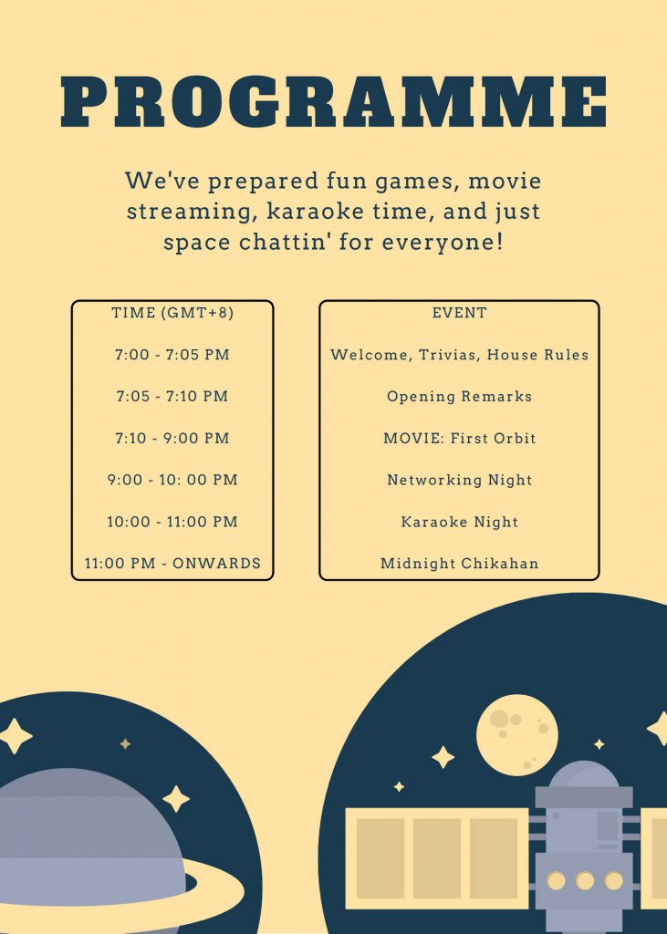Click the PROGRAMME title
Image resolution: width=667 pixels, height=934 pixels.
tap(334, 101)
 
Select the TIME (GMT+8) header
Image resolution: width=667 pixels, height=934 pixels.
tap(172, 313)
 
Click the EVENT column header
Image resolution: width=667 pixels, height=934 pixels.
tap(460, 313)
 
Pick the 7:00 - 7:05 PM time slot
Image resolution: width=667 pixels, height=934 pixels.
tap(172, 355)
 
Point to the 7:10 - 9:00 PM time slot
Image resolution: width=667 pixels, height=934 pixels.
tap(172, 439)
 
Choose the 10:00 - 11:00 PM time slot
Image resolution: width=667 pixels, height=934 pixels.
tap(172, 522)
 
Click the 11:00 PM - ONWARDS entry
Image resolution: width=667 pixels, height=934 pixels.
tap(172, 564)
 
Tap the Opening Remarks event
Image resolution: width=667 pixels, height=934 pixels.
tap(460, 397)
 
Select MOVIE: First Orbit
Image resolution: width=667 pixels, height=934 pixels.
tap(460, 439)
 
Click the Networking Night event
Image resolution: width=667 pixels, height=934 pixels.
tap(460, 480)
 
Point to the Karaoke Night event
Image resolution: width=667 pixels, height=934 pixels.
tap(460, 522)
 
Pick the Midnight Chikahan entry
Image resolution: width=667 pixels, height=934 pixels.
tap(460, 564)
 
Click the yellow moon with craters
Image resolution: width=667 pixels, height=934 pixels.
tap(517, 735)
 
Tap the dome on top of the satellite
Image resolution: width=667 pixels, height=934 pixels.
tap(584, 774)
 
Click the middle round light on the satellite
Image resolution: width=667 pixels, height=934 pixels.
tap(585, 880)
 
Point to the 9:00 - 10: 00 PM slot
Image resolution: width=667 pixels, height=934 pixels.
tap(172, 480)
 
